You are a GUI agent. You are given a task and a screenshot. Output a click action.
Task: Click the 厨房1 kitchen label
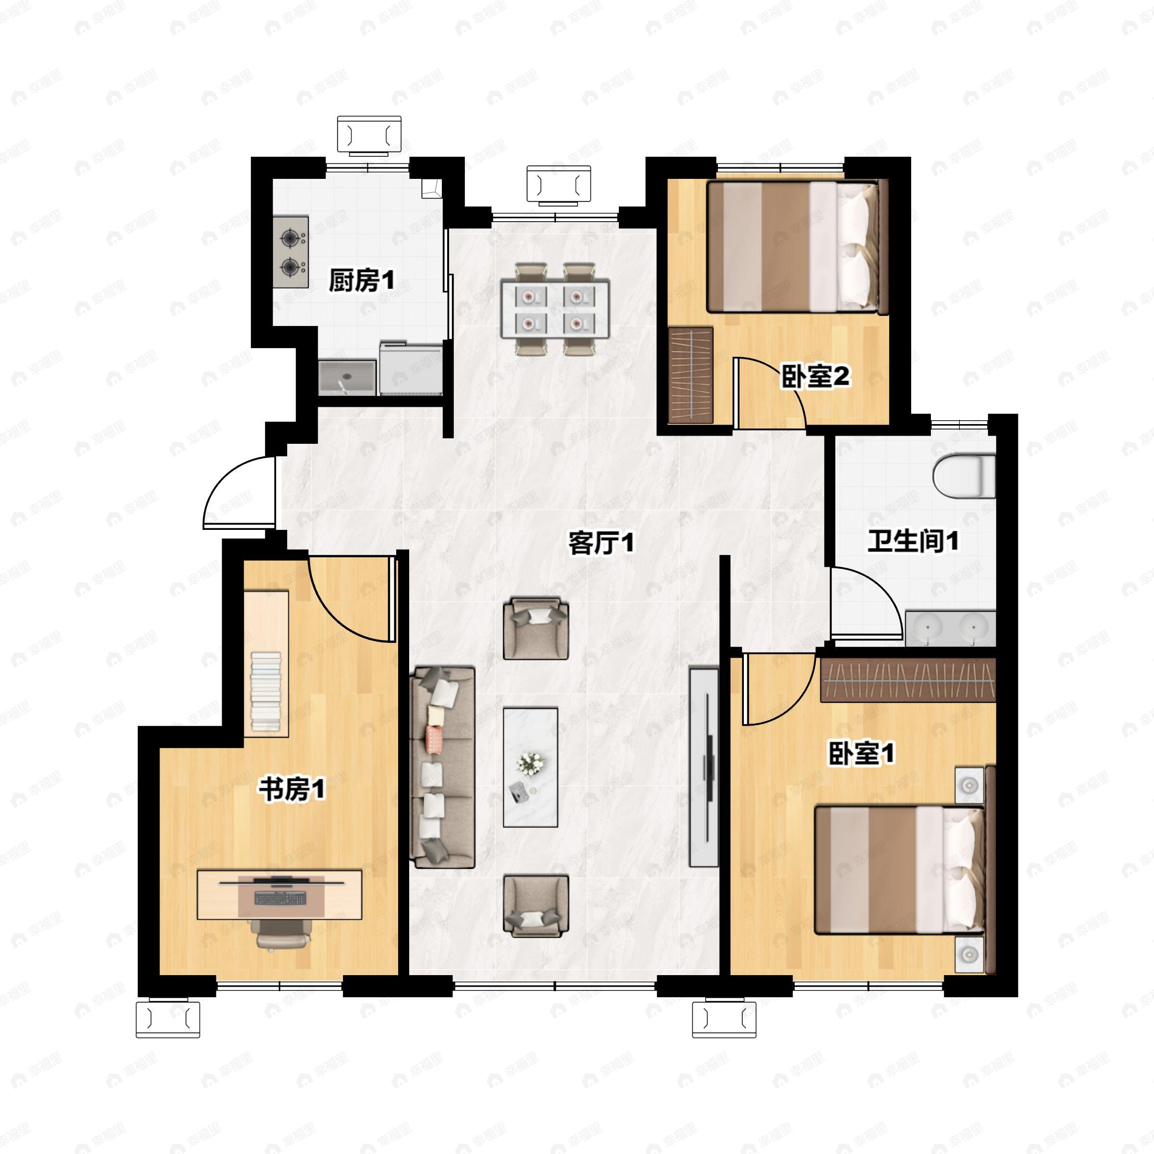(362, 280)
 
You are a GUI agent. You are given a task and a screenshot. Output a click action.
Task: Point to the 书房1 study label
(291, 790)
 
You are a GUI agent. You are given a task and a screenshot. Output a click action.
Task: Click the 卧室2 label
(815, 377)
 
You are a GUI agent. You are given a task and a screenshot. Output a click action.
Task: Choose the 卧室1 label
(861, 754)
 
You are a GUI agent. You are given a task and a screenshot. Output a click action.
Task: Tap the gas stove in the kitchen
(291, 252)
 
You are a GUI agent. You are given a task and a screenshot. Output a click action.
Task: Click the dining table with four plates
(555, 309)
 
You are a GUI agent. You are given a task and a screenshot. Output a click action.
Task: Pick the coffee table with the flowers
(530, 767)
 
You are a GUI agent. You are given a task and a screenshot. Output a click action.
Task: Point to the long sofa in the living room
(442, 767)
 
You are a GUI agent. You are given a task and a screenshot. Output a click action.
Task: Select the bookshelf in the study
(266, 664)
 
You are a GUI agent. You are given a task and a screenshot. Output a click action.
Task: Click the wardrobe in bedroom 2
(691, 375)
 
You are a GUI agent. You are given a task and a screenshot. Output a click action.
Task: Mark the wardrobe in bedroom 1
(908, 680)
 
